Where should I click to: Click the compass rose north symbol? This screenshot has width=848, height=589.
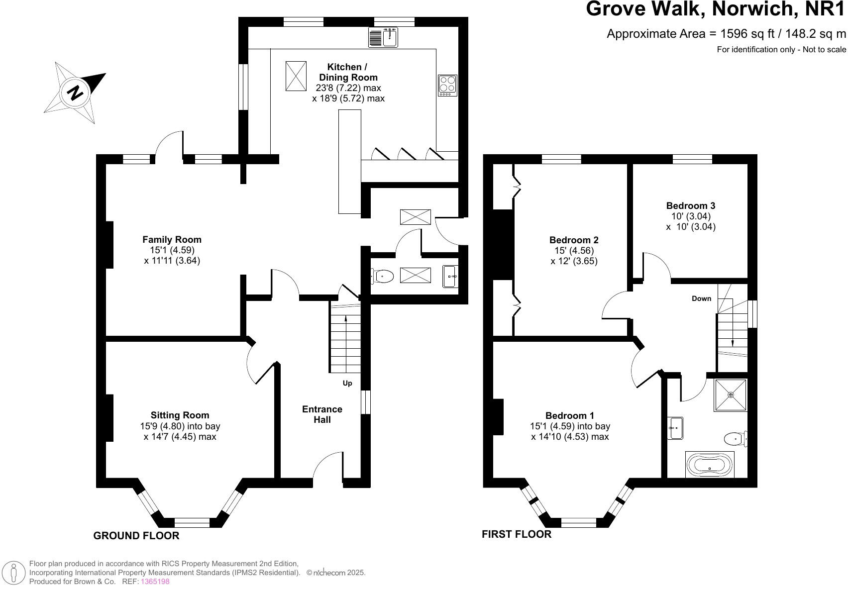coord(75,93)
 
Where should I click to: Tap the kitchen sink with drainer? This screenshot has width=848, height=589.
coord(383,38)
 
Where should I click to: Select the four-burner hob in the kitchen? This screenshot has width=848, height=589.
coord(447,86)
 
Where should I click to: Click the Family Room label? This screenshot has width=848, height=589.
coord(172,240)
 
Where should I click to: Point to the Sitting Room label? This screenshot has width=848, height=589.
coord(180,415)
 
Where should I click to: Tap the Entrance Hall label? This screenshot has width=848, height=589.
coord(322,414)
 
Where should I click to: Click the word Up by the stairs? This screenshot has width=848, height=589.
coord(347,384)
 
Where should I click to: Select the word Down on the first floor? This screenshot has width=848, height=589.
coord(702,298)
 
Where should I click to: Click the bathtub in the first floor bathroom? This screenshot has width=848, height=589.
coord(710,464)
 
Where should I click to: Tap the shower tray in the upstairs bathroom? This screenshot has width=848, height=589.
coord(731,395)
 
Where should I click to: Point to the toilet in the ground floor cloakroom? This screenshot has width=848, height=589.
coord(382,276)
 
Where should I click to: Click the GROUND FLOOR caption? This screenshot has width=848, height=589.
coord(136,536)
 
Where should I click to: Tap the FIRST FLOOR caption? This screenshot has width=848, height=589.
coord(517,534)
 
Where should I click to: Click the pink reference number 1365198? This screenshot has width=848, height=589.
coord(155,582)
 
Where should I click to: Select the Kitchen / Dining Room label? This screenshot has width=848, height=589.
coord(348,72)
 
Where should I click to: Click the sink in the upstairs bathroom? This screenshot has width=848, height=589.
coord(675,428)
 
